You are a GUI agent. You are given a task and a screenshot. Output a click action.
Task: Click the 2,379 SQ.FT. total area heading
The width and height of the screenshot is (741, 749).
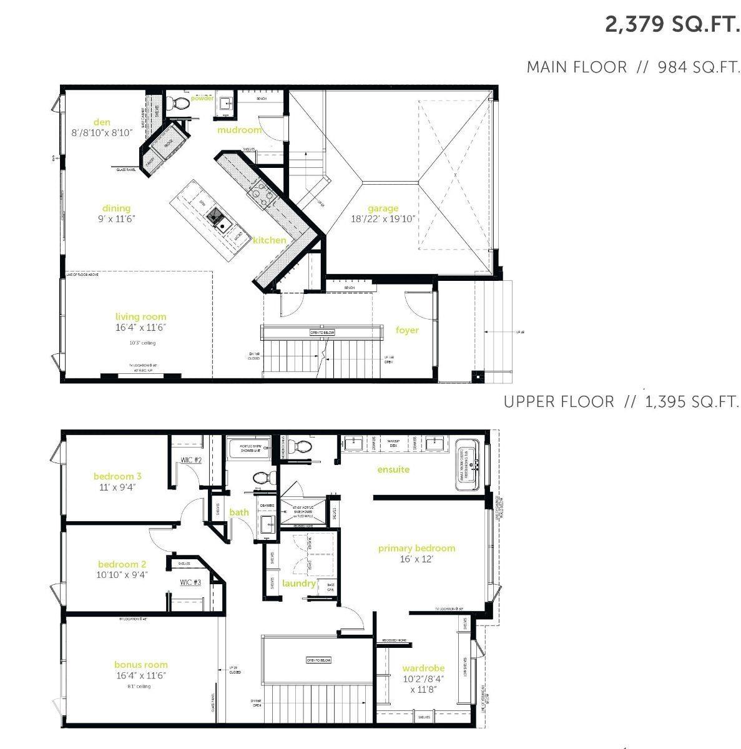672,25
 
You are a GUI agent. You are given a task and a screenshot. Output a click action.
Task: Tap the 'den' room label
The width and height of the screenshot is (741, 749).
102,122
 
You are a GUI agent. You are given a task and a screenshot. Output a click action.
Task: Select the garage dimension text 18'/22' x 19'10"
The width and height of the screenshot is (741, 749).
383,219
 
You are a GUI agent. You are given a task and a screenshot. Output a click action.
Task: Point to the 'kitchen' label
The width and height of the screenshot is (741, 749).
270,240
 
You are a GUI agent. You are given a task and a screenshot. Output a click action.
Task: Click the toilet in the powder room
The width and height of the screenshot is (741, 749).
180,102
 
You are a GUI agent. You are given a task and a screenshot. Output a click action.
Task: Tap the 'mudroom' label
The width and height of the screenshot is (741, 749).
239,130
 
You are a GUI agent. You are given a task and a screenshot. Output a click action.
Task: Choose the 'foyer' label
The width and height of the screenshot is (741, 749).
407,330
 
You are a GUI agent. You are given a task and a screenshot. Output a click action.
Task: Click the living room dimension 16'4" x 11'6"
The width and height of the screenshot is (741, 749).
140,327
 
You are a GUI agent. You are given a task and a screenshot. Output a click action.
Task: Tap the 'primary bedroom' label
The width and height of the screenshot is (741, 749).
416,548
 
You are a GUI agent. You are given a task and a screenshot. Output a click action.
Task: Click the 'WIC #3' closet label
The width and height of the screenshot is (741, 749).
190,582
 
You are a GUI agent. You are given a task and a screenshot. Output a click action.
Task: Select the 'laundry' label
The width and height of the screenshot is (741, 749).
298,583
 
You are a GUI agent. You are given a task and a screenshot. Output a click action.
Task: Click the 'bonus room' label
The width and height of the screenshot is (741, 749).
140,665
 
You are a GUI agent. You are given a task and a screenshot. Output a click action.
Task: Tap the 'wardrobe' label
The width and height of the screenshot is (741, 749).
423,668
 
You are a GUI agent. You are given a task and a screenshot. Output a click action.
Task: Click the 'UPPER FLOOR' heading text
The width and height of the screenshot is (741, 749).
559,401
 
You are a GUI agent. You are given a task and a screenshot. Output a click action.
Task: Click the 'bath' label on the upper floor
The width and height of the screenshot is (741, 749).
239,512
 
